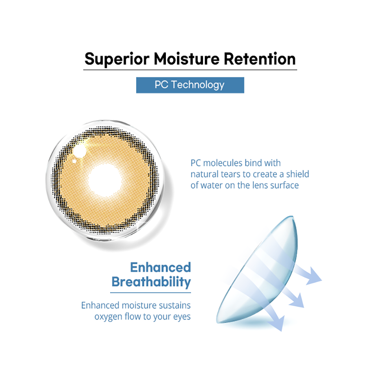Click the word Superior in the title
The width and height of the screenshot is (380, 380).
(x=117, y=59)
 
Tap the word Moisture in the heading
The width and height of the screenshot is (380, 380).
(x=187, y=59)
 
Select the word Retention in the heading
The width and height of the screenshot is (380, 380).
(x=259, y=59)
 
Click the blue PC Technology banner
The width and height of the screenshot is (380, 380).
(x=190, y=85)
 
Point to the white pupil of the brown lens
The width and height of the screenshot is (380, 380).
(x=105, y=180)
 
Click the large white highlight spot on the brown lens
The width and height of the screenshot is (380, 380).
(x=79, y=151)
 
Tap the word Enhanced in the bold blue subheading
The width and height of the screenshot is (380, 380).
(x=160, y=267)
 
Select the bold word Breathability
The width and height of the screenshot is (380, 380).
(x=151, y=282)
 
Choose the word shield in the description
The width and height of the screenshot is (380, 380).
(x=298, y=174)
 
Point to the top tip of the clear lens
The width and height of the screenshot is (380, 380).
(x=292, y=216)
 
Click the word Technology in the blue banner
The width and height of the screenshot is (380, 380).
(x=198, y=85)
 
